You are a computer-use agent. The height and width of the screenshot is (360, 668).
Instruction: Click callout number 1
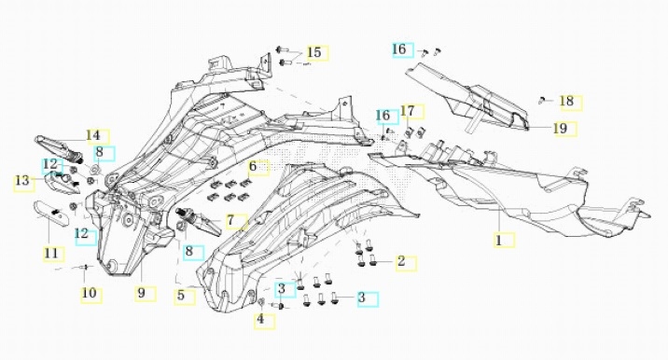499,241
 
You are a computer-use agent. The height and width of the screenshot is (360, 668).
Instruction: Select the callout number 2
401,261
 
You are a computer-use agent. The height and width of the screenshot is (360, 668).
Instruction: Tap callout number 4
260,319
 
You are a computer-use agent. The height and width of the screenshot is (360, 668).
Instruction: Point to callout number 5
181,295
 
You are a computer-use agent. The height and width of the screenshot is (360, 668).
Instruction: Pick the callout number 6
253,166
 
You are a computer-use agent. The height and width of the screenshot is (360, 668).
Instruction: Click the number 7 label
230,221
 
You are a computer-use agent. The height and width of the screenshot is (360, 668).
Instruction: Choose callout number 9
142,293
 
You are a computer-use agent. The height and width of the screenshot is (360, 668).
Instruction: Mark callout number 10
89,293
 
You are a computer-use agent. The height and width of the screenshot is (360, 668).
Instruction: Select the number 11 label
51,253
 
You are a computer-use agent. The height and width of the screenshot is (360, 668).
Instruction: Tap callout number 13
22,181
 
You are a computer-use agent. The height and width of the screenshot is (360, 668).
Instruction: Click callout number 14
93,135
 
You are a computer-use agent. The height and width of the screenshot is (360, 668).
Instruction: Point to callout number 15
314,52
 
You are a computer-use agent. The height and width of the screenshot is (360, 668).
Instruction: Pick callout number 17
408,111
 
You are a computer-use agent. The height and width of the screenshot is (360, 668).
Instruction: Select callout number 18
566,102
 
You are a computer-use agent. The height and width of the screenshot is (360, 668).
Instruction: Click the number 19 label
561,128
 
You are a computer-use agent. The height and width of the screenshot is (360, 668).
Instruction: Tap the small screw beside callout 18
541,101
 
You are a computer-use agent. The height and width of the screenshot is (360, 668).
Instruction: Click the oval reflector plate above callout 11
51,212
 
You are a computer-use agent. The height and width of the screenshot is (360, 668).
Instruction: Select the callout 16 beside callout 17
383,116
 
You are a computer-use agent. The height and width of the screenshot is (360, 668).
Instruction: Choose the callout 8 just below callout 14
100,152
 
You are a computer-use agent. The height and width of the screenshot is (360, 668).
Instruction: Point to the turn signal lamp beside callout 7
199,220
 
